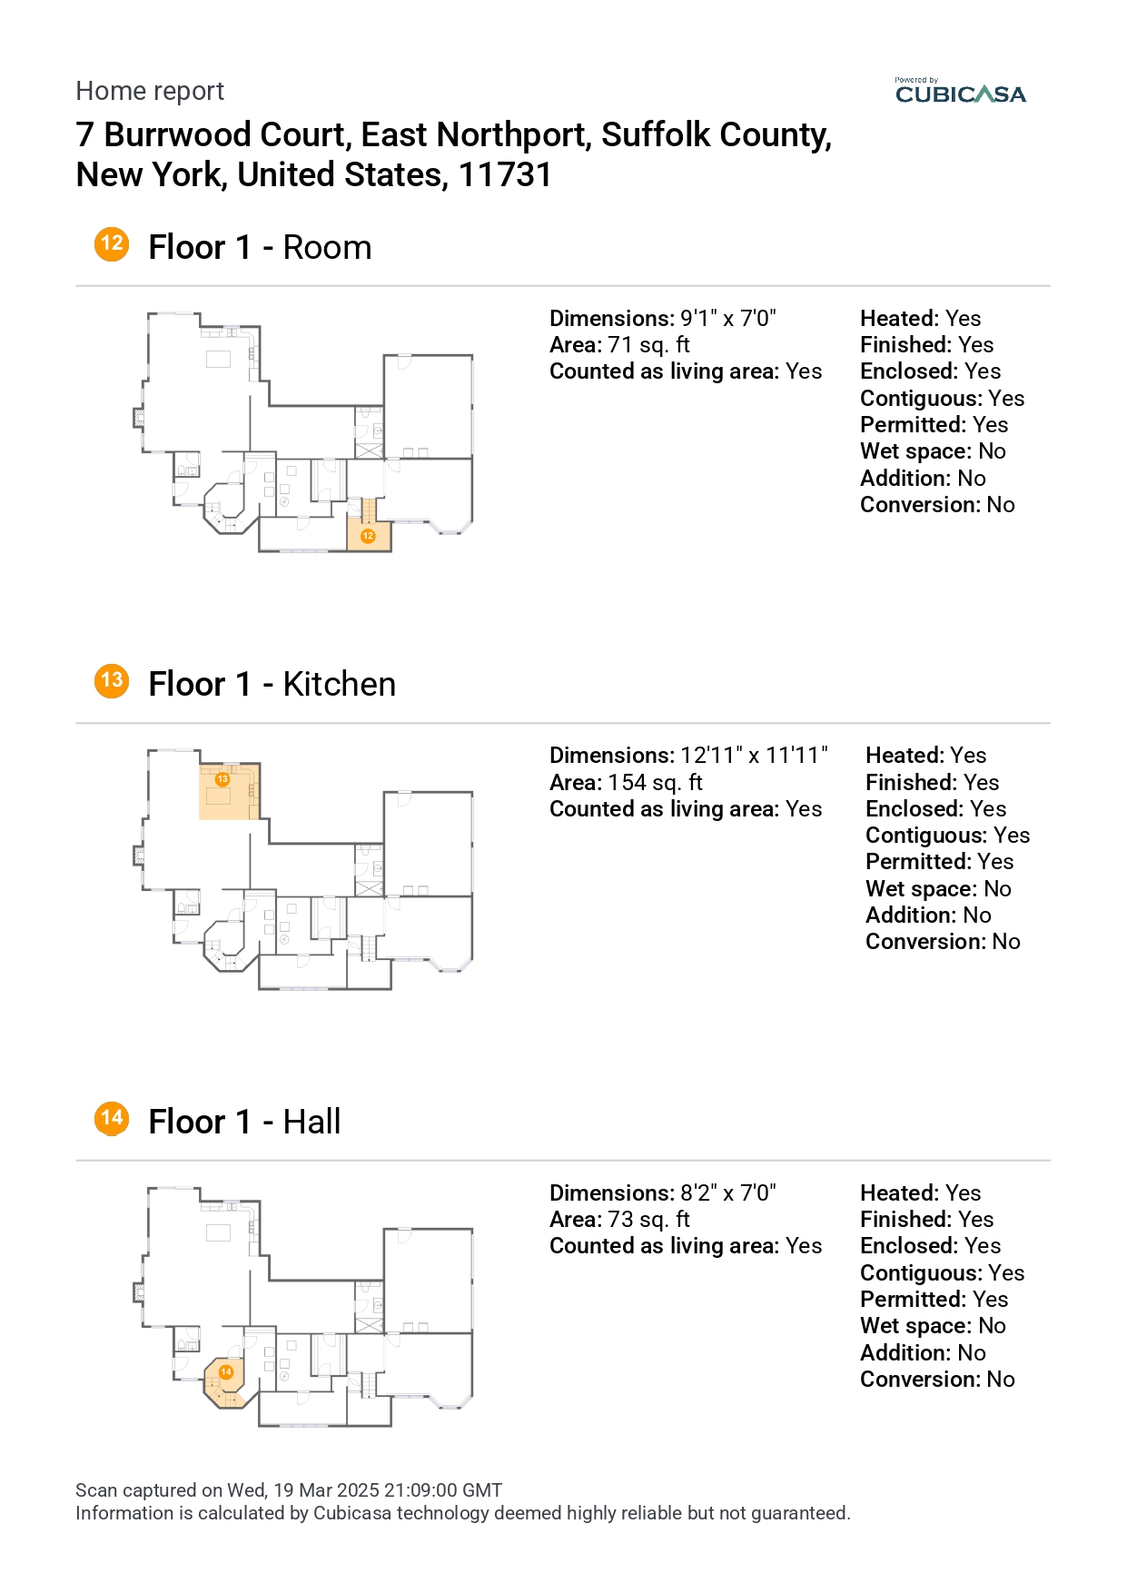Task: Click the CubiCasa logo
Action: [960, 92]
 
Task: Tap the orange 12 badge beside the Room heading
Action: [112, 244]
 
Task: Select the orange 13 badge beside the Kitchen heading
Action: [112, 681]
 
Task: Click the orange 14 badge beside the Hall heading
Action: [112, 1118]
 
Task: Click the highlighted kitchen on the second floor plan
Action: [230, 792]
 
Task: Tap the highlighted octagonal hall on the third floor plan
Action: [225, 1382]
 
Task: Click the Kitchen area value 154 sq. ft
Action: [655, 783]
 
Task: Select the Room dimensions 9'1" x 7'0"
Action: [728, 319]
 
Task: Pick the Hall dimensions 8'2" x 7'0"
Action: [728, 1193]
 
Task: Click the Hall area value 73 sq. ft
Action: [648, 1220]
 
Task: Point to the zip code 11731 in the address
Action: [505, 174]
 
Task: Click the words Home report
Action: [150, 91]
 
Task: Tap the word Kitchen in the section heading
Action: [339, 684]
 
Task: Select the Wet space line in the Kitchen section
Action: [938, 889]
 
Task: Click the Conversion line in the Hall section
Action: [937, 1380]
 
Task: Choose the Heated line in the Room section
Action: [921, 319]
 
